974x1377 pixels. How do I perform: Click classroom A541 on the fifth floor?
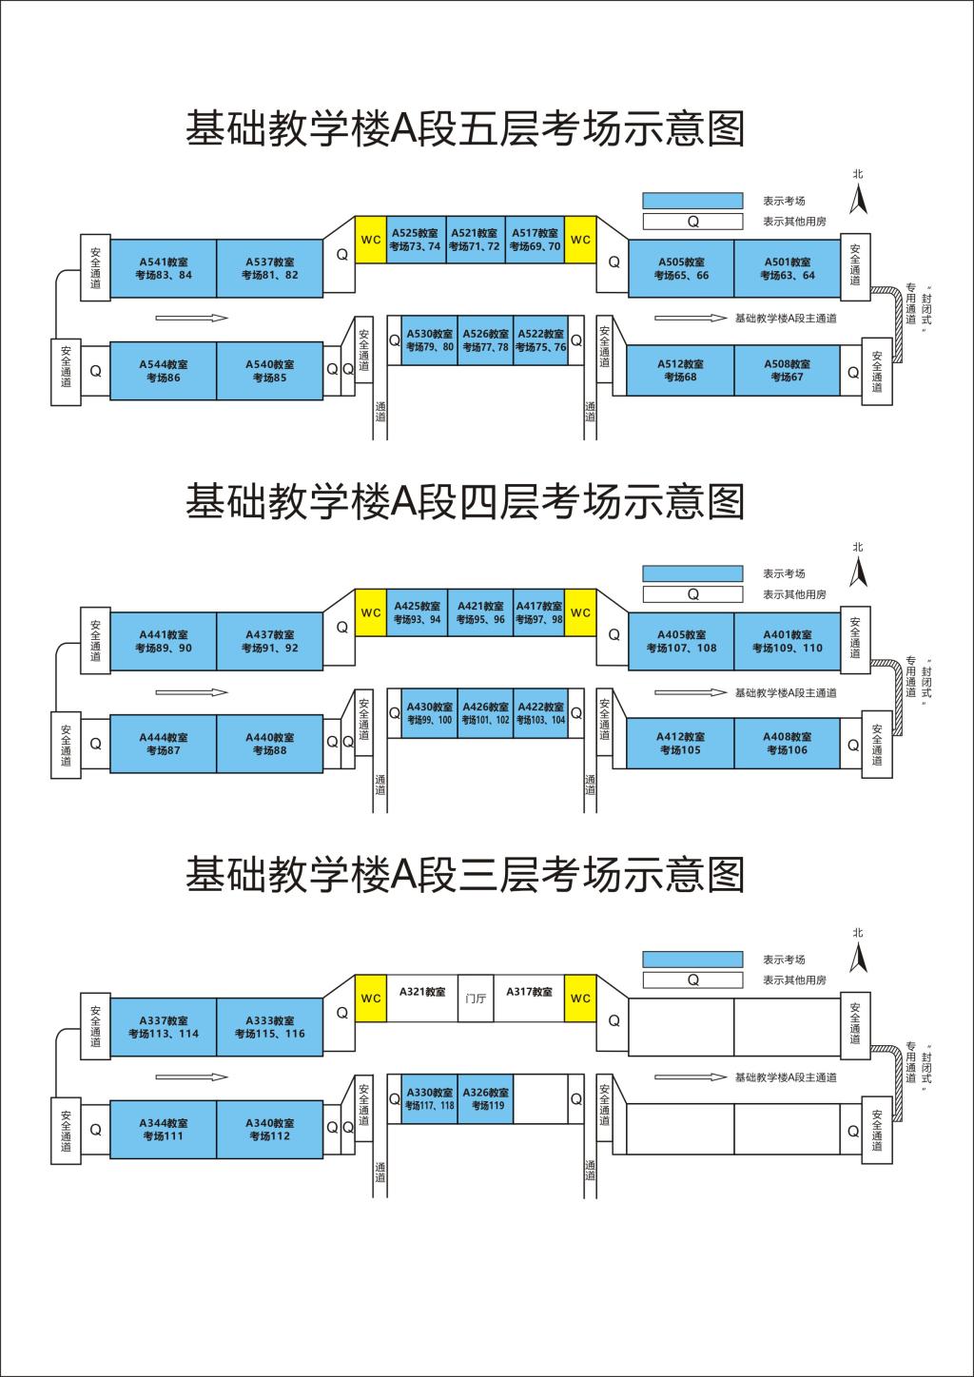pos(164,269)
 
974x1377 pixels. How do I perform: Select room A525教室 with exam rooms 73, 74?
pos(415,240)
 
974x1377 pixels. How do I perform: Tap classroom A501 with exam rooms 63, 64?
pos(788,269)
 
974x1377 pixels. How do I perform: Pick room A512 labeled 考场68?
pos(681,370)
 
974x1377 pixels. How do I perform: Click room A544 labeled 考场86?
pos(164,371)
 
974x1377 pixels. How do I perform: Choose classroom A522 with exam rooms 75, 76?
pos(540,340)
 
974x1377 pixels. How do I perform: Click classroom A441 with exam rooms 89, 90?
pos(164,642)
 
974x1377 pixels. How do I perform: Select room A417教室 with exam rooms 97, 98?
pos(538,612)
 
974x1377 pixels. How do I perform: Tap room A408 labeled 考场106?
pos(788,743)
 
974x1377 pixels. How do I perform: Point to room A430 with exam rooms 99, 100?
pos(430,713)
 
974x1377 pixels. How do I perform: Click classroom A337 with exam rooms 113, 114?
pos(164,1028)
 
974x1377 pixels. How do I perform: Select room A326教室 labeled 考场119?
pos(486,1099)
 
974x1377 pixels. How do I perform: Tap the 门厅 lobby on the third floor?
pos(476,999)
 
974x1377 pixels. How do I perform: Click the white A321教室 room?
pos(422,999)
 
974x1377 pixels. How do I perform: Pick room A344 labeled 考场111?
pos(164,1130)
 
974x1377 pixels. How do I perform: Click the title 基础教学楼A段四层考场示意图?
pos(464,502)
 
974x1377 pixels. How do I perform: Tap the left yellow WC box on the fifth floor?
pos(371,240)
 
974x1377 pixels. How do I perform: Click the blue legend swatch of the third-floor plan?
pos(692,960)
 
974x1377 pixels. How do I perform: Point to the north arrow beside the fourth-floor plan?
pos(858,572)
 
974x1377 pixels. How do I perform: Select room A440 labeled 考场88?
pos(270,744)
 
